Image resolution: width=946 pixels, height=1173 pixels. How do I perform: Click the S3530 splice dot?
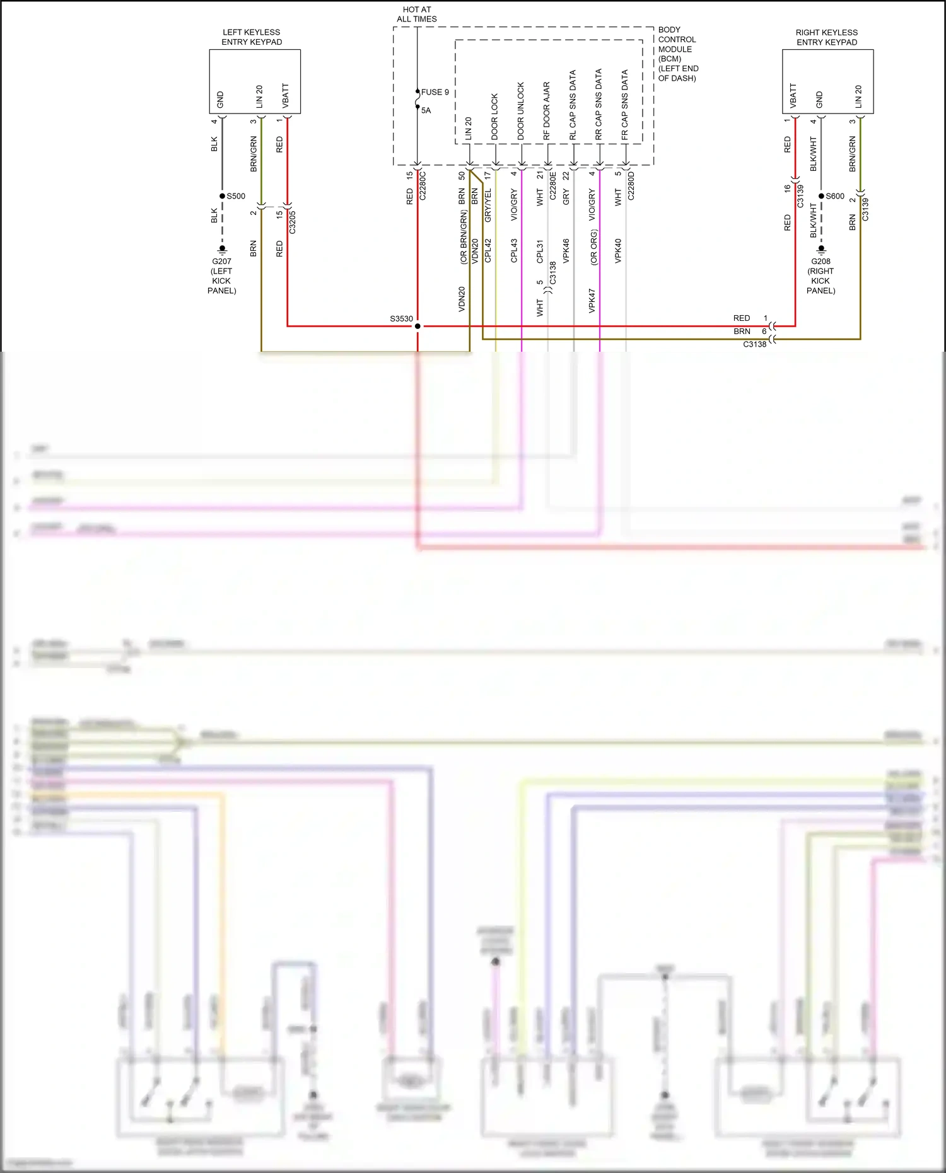418,326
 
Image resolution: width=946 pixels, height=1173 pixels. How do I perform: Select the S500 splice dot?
222,196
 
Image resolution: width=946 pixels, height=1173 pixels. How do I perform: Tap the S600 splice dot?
821,196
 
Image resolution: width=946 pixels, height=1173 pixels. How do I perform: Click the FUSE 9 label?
435,92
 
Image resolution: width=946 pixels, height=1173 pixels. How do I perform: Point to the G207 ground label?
221,261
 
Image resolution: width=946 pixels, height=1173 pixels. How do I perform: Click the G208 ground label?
820,261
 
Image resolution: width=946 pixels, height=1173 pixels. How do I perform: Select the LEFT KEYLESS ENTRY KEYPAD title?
252,37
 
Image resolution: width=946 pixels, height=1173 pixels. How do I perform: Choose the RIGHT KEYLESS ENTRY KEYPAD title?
826,37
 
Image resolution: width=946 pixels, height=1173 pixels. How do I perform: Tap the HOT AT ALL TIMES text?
417,14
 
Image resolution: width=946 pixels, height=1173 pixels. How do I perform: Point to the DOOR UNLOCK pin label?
521,111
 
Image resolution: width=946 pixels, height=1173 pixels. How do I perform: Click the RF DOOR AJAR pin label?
547,111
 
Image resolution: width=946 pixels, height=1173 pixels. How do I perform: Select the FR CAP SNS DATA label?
625,105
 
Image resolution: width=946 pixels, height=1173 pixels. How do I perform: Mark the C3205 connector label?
292,222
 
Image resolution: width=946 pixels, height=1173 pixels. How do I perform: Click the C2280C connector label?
423,186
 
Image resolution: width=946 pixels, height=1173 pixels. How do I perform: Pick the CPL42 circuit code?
488,250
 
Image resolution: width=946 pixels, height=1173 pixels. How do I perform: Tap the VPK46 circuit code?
566,250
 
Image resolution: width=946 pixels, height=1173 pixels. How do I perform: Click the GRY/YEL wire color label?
488,205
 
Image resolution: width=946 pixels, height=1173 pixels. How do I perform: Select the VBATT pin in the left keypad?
286,96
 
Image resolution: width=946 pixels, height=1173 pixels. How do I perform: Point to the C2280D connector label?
631,186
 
